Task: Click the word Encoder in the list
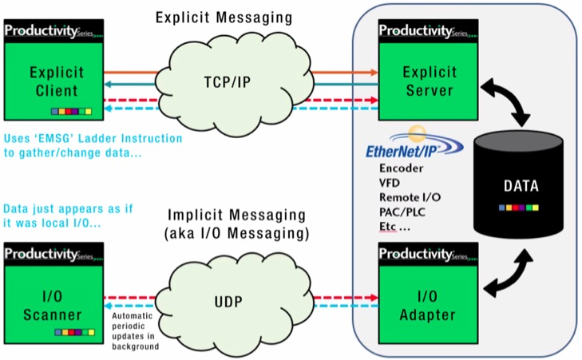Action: pos(402,168)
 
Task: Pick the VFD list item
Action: pos(390,183)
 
